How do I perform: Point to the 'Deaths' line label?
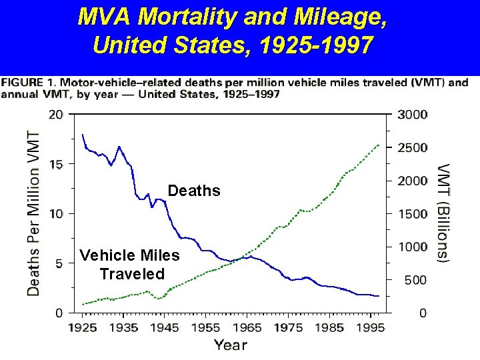point(194,191)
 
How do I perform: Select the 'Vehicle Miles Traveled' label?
point(129,264)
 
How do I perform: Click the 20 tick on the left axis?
point(56,114)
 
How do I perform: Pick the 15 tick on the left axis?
point(56,164)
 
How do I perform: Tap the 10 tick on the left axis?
point(56,213)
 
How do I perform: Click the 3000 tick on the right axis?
point(413,114)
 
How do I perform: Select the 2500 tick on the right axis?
point(413,147)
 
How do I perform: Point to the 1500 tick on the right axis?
point(413,213)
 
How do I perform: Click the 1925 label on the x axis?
point(83,327)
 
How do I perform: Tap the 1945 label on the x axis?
point(165,327)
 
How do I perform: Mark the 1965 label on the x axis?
point(247,327)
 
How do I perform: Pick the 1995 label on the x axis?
point(370,327)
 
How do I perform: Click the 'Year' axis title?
point(231,345)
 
